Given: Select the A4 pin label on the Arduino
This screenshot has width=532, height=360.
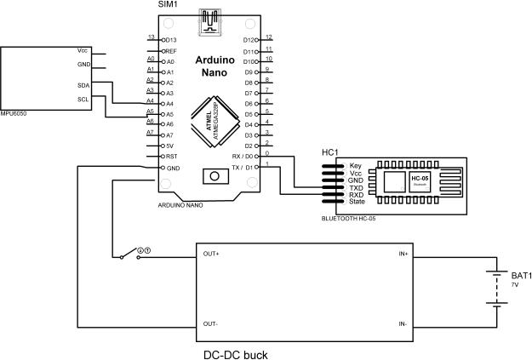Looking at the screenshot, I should click(x=169, y=103).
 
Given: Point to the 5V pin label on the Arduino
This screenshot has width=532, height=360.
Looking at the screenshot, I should click(x=169, y=146).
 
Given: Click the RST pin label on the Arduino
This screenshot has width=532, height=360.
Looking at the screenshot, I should click(x=170, y=157).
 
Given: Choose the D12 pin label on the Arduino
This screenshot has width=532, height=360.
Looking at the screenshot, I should click(x=249, y=40).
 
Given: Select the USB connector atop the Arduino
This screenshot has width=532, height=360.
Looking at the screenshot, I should click(x=209, y=21).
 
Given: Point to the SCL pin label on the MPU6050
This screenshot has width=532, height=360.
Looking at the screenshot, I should click(x=83, y=99).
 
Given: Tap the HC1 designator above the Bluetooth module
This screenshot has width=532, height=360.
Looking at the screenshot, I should click(x=330, y=152).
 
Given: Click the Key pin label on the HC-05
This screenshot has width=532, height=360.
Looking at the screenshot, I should click(x=356, y=165).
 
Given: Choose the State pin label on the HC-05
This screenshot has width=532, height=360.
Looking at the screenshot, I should click(x=358, y=203).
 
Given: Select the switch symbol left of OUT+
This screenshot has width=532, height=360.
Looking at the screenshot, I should click(x=129, y=253).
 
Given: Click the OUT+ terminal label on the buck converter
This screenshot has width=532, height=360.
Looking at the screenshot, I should click(x=211, y=254).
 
